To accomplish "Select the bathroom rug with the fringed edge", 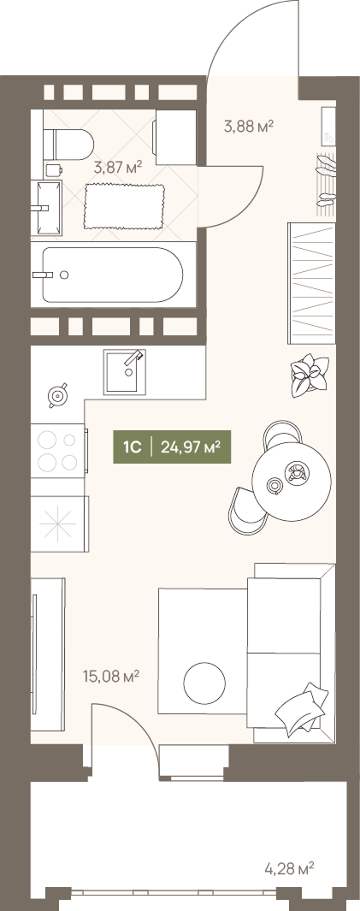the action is click(124, 206).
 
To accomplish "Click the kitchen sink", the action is click(125, 372).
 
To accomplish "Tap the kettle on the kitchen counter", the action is click(57, 396).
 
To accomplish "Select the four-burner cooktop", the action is click(58, 451).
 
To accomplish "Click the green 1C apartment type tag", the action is click(133, 447).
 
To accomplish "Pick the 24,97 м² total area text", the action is click(191, 447).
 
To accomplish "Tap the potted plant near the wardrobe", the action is click(309, 376).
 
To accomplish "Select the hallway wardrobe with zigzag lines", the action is click(312, 283).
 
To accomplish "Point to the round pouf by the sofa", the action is click(204, 683).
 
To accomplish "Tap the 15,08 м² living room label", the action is click(111, 677).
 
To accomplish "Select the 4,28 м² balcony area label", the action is click(289, 869).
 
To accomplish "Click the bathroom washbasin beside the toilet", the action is click(46, 208).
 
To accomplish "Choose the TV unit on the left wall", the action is click(48, 654).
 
